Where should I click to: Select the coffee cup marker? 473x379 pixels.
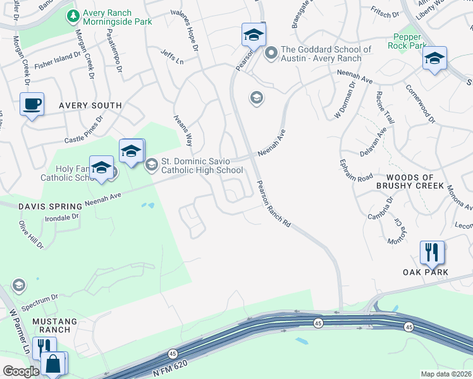point(32,104)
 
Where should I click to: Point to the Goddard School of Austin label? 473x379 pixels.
point(326,54)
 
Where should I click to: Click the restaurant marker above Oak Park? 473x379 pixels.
point(432,252)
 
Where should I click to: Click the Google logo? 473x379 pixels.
point(21,371)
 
